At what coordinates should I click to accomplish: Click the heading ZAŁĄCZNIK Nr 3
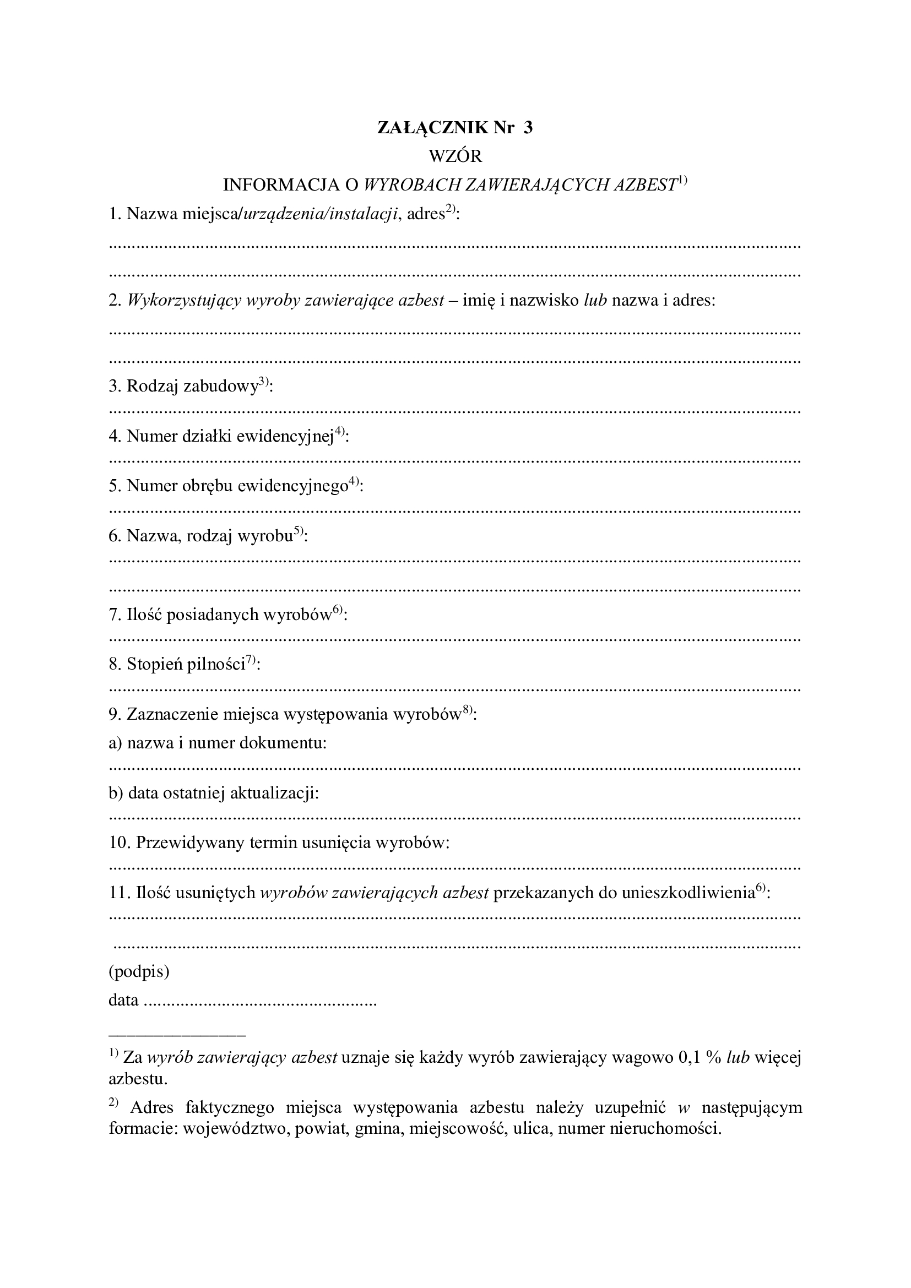[x=455, y=128]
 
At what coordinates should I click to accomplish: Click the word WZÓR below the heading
[x=455, y=156]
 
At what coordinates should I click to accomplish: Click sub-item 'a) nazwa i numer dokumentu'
[x=218, y=743]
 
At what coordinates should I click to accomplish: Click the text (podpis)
[x=139, y=971]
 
